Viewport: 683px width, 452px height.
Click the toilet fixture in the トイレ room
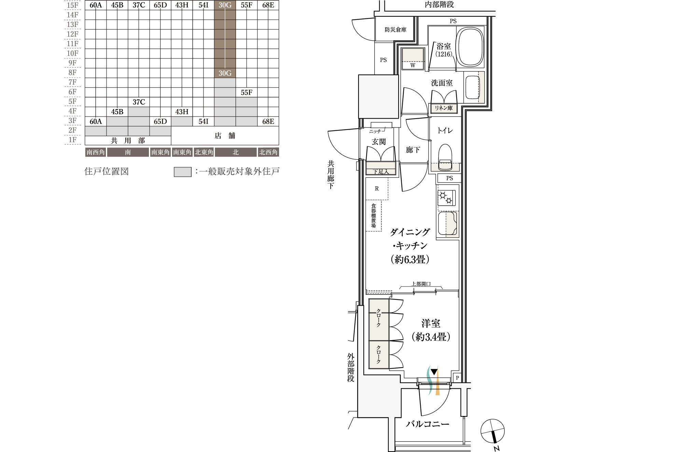pyautogui.click(x=445, y=157)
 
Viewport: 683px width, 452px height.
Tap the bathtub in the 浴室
pyautogui.click(x=470, y=47)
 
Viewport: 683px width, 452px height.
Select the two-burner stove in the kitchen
pyautogui.click(x=446, y=198)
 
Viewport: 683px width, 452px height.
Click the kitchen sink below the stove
pyautogui.click(x=447, y=224)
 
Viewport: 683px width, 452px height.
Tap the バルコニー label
pyautogui.click(x=428, y=424)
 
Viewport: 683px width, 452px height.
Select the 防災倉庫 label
pyautogui.click(x=395, y=30)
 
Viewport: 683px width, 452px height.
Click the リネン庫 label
pyautogui.click(x=443, y=108)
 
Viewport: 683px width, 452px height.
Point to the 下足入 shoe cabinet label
pyautogui.click(x=381, y=172)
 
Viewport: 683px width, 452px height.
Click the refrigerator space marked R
pyautogui.click(x=377, y=188)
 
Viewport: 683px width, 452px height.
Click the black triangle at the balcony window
pyautogui.click(x=434, y=372)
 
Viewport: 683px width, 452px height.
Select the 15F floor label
pyautogui.click(x=72, y=5)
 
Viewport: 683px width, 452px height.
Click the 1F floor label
pyautogui.click(x=72, y=140)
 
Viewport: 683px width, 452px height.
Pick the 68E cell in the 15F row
pyautogui.click(x=268, y=5)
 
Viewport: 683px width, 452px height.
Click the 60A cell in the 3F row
pyautogui.click(x=96, y=121)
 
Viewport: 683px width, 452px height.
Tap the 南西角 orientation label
pyautogui.click(x=96, y=152)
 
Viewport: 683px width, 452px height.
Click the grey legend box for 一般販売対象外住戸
pyautogui.click(x=182, y=172)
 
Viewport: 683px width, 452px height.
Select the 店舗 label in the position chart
pyautogui.click(x=225, y=136)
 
